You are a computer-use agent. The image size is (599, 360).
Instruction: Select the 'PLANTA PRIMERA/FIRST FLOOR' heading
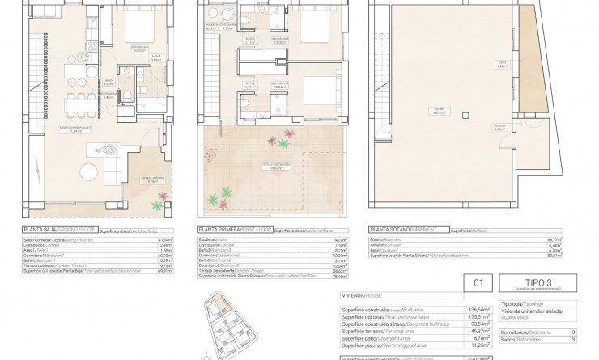point(235,230)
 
